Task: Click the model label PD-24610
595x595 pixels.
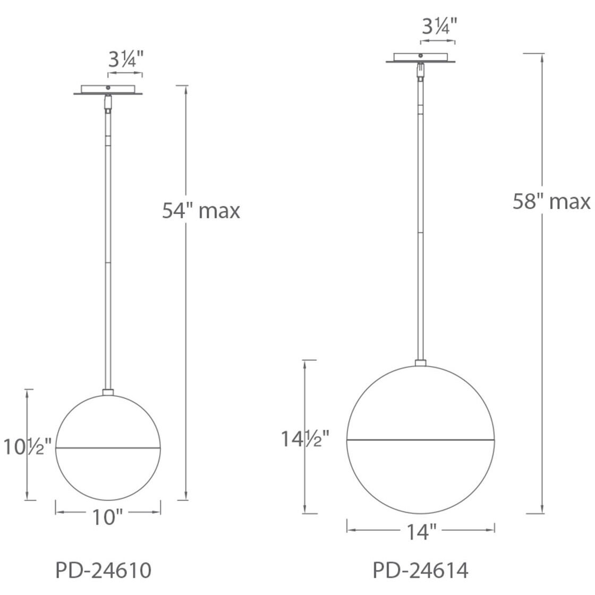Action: tap(104, 571)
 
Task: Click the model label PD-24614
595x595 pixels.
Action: tap(420, 571)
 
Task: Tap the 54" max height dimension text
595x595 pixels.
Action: tap(201, 211)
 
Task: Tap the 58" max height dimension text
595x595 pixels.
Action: tap(551, 202)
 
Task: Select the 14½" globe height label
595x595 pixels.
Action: tap(305, 439)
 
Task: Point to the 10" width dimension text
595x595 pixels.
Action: tap(108, 517)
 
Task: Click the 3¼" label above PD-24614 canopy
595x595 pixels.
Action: tap(439, 27)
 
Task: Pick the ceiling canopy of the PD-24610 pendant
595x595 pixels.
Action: tap(108, 90)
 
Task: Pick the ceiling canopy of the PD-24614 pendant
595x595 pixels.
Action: tap(420, 58)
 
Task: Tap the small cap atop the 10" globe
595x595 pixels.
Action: tap(108, 393)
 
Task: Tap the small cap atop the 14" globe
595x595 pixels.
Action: tap(420, 363)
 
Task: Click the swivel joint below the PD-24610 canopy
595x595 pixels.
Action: tap(108, 103)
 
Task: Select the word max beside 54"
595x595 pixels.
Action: tap(219, 211)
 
